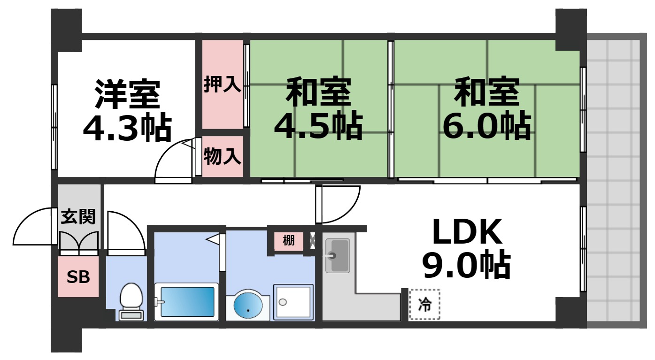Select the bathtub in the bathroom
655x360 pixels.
click(x=186, y=302)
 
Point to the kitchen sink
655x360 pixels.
click(x=337, y=255)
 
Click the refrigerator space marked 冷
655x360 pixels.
click(x=424, y=305)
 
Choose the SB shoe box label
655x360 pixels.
click(x=78, y=277)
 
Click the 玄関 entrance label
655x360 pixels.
click(x=78, y=217)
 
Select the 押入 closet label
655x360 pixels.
click(x=222, y=85)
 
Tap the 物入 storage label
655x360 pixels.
click(x=222, y=156)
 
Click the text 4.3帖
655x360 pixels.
click(x=127, y=127)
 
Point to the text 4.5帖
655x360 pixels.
click(x=318, y=127)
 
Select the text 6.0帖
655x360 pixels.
click(x=486, y=127)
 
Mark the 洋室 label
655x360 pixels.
click(x=127, y=94)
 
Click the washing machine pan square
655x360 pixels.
click(x=293, y=302)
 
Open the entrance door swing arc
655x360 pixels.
click(x=32, y=226)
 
